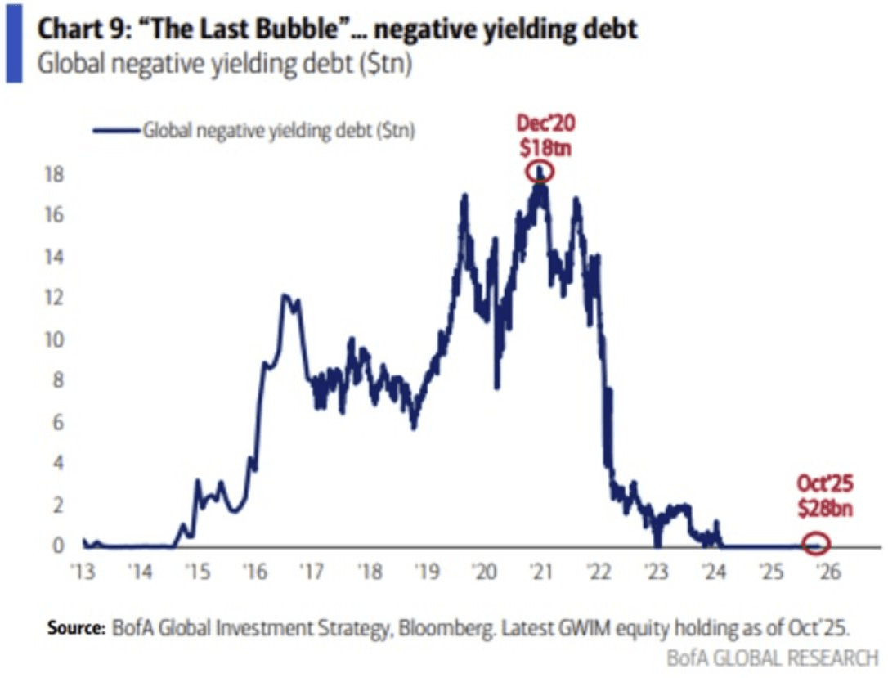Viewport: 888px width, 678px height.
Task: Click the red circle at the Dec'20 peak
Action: pyautogui.click(x=540, y=172)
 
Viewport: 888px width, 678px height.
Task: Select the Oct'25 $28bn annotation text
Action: pyautogui.click(x=824, y=496)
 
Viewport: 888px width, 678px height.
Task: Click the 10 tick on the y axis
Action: pyautogui.click(x=54, y=339)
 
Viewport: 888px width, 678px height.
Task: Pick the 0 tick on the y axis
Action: pyautogui.click(x=59, y=546)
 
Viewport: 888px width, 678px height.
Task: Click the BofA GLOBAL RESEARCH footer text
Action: pyautogui.click(x=772, y=657)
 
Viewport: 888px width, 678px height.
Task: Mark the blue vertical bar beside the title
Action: pyautogui.click(x=13, y=41)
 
